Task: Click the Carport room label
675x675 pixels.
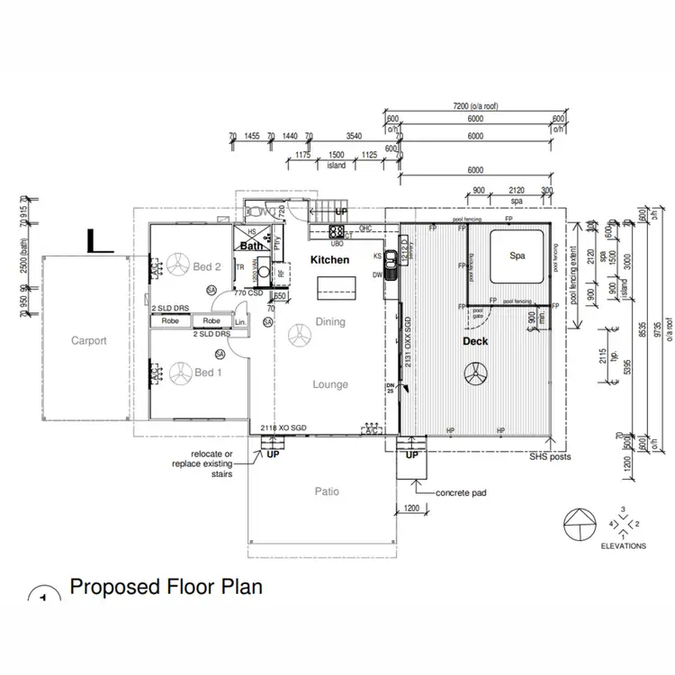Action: point(89,341)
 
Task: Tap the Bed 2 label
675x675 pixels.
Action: point(208,266)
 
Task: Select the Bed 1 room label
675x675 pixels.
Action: point(207,373)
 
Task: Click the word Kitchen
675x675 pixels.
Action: point(329,259)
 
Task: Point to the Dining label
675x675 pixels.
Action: point(330,321)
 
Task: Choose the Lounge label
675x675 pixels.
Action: point(330,384)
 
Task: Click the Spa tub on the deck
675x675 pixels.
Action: point(517,256)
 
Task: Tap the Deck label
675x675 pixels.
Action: point(474,341)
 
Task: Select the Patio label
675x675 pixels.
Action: point(326,492)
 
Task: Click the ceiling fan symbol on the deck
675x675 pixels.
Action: point(474,373)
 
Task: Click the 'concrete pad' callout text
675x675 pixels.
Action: point(463,493)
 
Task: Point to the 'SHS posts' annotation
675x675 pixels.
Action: point(550,457)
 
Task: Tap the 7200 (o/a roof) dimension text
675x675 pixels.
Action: point(475,107)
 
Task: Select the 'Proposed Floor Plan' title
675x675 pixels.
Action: point(166,588)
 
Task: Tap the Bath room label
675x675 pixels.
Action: point(250,246)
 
